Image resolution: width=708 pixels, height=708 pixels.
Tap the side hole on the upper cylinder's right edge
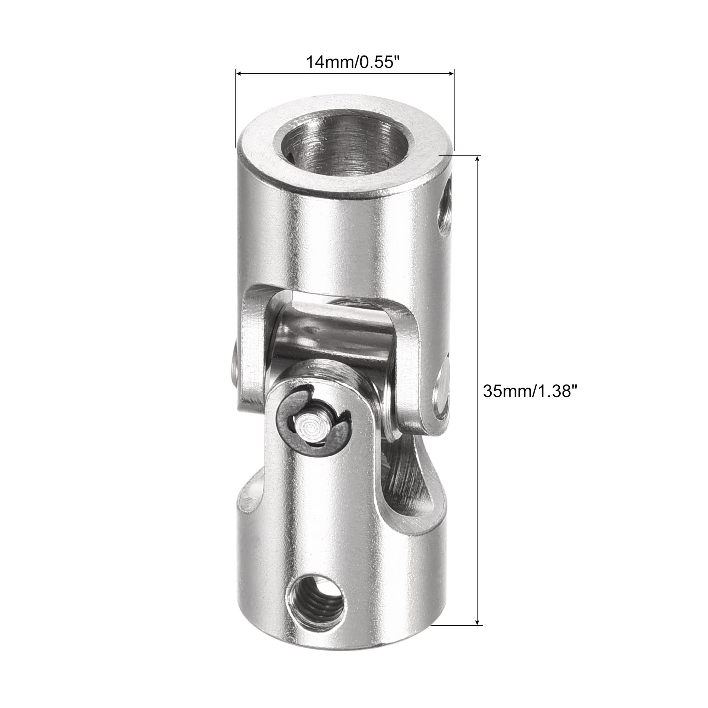coord(445,209)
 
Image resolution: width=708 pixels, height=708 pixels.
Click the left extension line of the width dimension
coord(236,110)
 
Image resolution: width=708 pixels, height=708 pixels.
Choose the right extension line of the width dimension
coord(454,110)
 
